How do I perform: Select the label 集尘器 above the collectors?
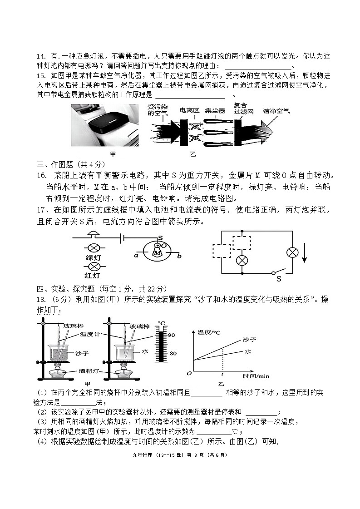click(215, 110)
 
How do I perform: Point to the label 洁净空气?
click(276, 110)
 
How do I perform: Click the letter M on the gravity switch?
click(157, 252)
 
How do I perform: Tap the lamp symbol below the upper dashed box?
click(242, 260)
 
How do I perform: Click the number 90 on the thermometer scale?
click(172, 335)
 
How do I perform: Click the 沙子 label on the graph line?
click(249, 340)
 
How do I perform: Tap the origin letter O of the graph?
click(189, 373)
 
